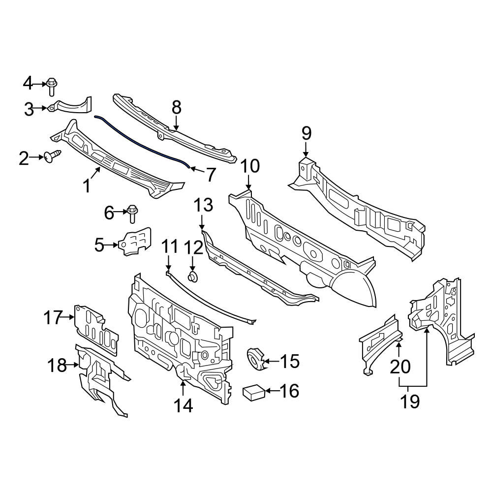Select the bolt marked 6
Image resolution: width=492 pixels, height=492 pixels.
click(132, 214)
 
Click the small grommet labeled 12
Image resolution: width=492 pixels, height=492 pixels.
click(192, 277)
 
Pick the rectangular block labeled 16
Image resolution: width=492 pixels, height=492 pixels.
click(254, 392)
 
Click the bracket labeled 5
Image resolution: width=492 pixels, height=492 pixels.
click(135, 241)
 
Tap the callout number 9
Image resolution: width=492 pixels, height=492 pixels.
click(306, 133)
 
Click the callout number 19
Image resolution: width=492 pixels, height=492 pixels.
click(410, 401)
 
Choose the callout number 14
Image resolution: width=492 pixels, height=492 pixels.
click(183, 406)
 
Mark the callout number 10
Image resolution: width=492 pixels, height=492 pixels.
click(250, 166)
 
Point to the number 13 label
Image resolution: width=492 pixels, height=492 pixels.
click(203, 205)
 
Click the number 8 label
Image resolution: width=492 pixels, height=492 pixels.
click(176, 107)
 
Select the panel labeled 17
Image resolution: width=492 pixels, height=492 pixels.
click(96, 330)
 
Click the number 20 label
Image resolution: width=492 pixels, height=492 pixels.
click(400, 367)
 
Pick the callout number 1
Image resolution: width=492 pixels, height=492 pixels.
click(87, 185)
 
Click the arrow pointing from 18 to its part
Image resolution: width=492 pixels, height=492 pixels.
click(72, 365)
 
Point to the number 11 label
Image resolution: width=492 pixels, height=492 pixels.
click(169, 246)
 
